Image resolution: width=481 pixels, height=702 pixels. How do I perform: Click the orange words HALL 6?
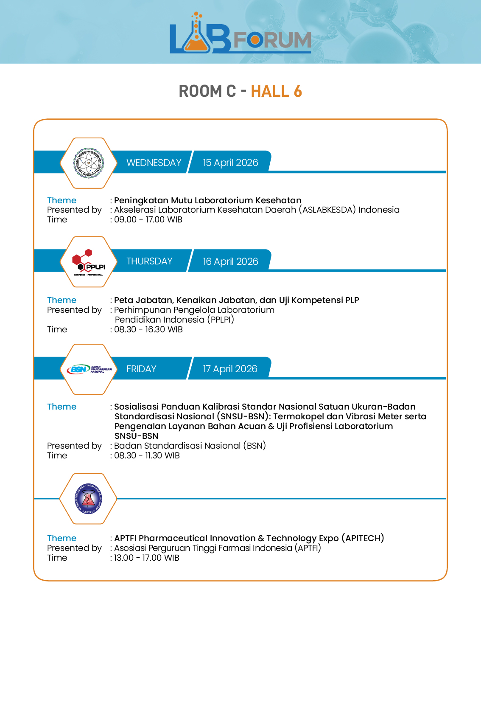(276, 91)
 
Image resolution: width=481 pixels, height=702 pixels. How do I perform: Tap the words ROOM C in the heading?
(207, 91)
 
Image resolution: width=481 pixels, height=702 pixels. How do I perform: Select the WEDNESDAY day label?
(154, 163)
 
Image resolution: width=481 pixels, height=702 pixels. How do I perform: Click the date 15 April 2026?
(230, 163)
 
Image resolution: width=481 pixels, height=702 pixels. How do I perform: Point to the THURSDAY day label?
(149, 261)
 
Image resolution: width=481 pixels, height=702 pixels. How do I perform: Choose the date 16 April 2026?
(230, 261)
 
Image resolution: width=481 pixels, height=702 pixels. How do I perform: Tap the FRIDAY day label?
(141, 369)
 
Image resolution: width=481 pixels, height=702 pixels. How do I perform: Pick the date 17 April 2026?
(230, 369)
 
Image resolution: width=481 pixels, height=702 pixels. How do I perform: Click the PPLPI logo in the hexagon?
(89, 262)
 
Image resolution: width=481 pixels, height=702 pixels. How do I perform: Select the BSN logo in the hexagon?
(89, 369)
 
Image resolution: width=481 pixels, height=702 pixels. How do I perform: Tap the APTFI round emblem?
(88, 499)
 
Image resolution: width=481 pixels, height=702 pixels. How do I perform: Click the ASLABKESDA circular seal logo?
(88, 163)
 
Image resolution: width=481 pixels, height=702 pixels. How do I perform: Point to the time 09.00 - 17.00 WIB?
(148, 220)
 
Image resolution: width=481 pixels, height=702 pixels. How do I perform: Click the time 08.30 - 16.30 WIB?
(148, 330)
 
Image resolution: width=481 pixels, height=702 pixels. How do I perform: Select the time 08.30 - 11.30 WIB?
(147, 456)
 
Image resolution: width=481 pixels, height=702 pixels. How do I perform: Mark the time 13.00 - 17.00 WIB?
(146, 558)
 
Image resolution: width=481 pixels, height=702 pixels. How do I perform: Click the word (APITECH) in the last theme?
(363, 538)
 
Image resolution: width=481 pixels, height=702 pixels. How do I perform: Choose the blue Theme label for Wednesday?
(62, 200)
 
